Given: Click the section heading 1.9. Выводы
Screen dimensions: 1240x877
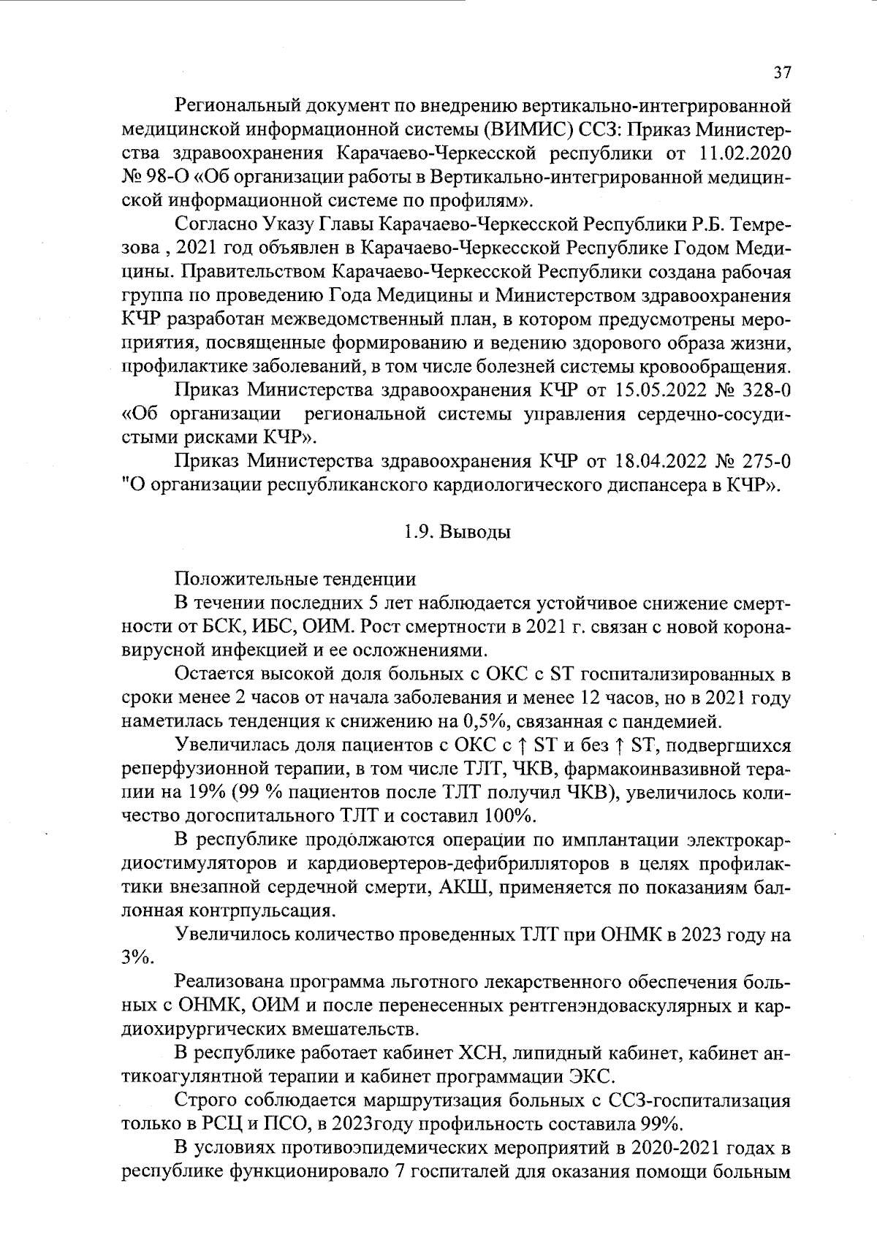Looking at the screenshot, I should pos(457,532).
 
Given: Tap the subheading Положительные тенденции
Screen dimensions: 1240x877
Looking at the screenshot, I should pos(295,580).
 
